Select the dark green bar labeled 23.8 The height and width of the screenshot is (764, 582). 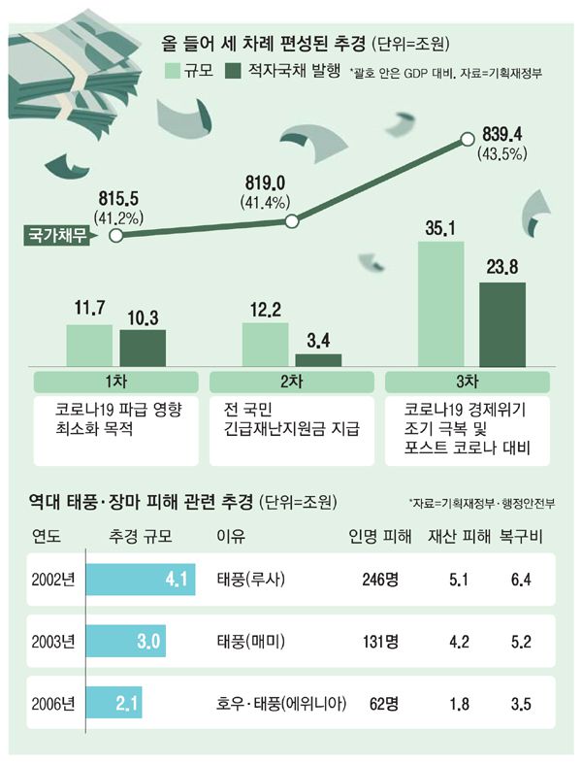tap(501, 323)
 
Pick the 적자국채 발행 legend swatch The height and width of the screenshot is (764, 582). tap(234, 71)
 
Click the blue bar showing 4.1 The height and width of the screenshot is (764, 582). tap(142, 581)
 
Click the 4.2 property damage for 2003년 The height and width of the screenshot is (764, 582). tap(464, 642)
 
